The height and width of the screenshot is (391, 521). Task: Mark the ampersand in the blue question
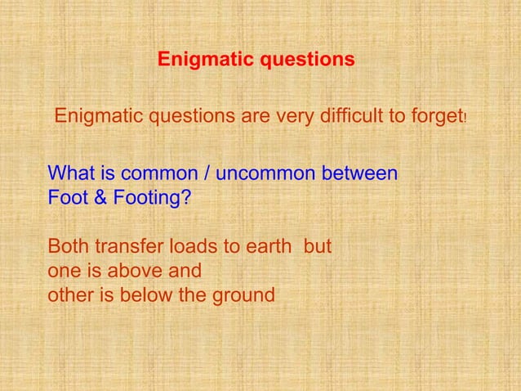coord(96,198)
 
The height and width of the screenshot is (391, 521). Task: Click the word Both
coord(69,246)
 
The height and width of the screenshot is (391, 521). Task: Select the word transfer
coord(125,246)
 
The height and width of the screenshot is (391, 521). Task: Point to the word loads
coord(184,246)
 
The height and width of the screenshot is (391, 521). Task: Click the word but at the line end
coord(318,246)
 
